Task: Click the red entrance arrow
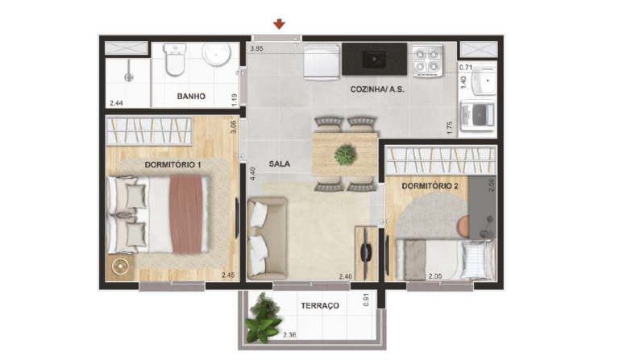[x=279, y=24]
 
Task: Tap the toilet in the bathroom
[x=175, y=60]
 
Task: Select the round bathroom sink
[x=216, y=54]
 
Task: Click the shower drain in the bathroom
[x=129, y=77]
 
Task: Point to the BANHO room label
[x=191, y=96]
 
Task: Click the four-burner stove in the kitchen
[x=427, y=60]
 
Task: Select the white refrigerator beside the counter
[x=322, y=61]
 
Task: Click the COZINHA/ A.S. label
[x=377, y=89]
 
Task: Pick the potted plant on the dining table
[x=345, y=155]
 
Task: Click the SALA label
[x=280, y=163]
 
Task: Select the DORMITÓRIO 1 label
[x=172, y=165]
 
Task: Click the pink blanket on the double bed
[x=186, y=214]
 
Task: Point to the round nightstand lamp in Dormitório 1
[x=120, y=267]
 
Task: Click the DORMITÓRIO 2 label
[x=430, y=186]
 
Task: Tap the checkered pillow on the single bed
[x=478, y=259]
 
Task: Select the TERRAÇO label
[x=320, y=305]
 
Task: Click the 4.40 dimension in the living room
[x=253, y=173]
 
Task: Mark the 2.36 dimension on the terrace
[x=289, y=335]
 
